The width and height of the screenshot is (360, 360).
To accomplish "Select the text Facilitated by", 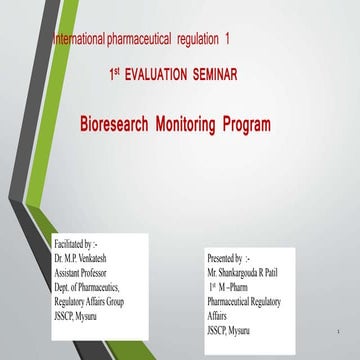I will point(76,243).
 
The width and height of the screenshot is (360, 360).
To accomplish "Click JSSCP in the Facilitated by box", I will point(67,315).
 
